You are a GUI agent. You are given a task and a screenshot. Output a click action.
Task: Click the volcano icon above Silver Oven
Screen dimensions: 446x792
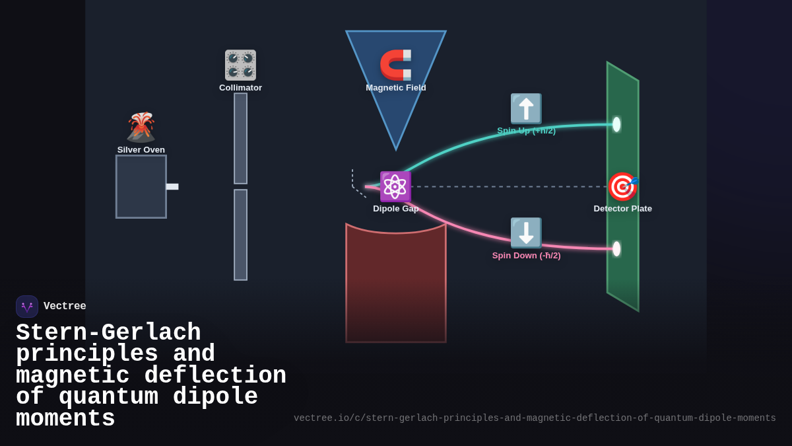141,127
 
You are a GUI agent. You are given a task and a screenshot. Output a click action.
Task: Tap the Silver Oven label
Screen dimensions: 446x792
141,150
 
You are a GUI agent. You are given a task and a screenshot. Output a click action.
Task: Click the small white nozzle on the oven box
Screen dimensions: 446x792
172,186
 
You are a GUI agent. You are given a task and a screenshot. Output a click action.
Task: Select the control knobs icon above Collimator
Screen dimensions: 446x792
240,65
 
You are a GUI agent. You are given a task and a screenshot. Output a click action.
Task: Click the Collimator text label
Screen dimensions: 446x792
240,88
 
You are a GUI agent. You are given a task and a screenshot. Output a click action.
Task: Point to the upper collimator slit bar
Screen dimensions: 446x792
240,138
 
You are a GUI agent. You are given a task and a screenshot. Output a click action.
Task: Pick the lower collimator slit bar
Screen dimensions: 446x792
240,235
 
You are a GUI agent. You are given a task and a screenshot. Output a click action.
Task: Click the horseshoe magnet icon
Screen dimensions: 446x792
396,65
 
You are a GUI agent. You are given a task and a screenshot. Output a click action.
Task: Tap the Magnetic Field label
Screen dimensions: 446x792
396,88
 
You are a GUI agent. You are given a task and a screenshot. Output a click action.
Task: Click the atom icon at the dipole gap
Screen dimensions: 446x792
395,186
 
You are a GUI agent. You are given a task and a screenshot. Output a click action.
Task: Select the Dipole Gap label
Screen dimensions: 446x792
396,209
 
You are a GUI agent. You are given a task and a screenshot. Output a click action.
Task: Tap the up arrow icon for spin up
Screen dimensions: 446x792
526,108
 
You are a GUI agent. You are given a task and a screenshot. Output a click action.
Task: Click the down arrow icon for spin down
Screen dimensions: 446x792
526,233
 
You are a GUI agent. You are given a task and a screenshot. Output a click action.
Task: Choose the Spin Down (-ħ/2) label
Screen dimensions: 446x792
526,256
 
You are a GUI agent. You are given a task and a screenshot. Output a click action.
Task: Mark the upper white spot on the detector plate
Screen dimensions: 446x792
616,124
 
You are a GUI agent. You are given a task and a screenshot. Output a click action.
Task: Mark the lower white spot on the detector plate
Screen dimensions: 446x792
616,248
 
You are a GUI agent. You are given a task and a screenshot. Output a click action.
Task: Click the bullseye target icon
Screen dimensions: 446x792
622,186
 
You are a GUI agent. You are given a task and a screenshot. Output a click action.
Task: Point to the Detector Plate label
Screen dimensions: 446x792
622,209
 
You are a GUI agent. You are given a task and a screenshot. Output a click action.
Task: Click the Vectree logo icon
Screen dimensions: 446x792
27,307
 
